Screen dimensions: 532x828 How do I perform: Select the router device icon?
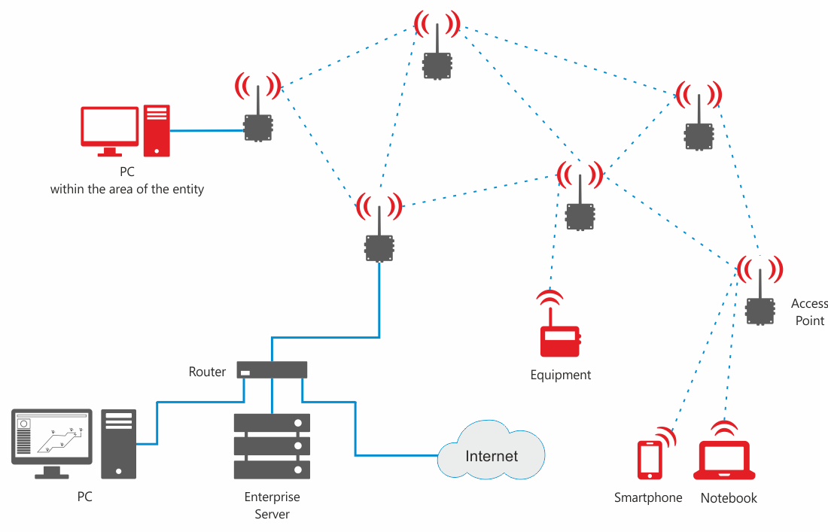[x=272, y=369]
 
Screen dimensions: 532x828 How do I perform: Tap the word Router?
[x=207, y=372]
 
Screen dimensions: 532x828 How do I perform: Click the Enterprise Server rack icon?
[x=272, y=445]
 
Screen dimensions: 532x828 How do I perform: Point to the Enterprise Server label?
[x=272, y=506]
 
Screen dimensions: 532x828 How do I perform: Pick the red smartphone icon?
[x=650, y=459]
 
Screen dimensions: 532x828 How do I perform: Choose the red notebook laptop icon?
[x=724, y=460]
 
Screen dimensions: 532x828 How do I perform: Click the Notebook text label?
[x=729, y=498]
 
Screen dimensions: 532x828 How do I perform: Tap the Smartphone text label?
[x=648, y=497]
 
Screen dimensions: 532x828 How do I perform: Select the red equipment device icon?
[x=560, y=341]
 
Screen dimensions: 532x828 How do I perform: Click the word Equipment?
[x=561, y=375]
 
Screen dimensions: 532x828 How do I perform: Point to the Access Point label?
[x=808, y=312]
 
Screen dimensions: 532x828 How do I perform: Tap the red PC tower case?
[x=157, y=129]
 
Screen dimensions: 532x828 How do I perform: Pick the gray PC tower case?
[x=119, y=443]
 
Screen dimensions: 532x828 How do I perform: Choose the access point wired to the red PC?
[x=258, y=128]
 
